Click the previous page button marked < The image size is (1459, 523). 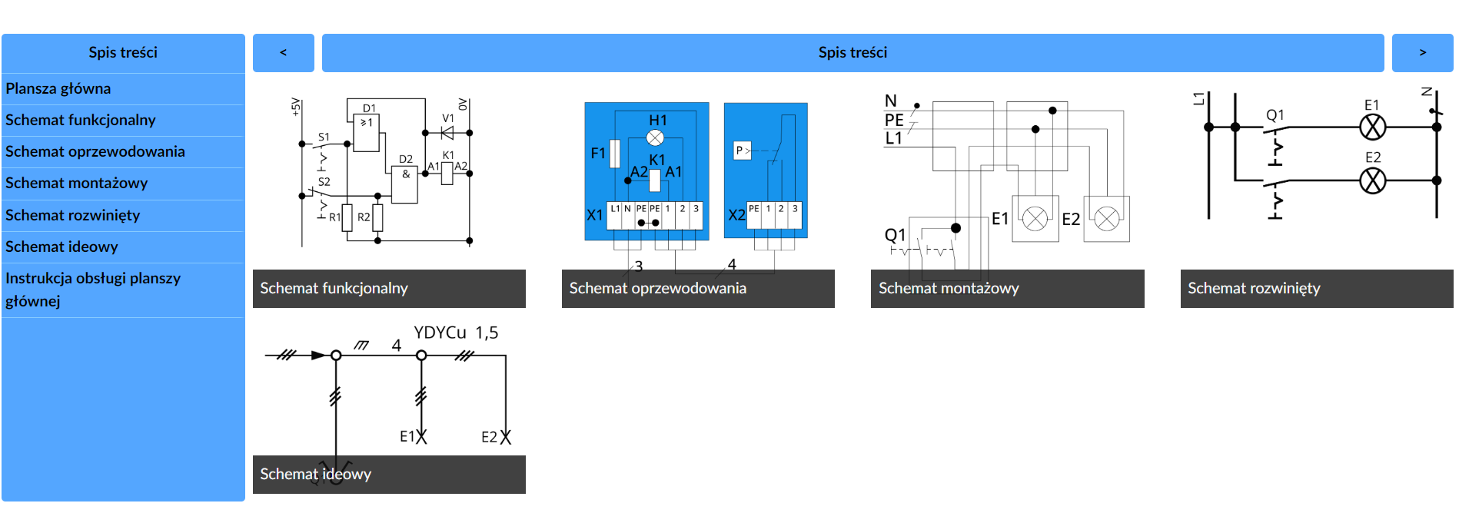(283, 53)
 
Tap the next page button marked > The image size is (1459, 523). (1422, 53)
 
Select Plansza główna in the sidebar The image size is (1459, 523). (58, 89)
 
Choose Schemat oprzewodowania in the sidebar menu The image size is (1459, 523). (95, 152)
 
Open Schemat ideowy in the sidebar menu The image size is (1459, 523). (61, 247)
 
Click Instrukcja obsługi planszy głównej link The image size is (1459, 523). (93, 290)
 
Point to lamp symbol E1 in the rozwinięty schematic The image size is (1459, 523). (1372, 127)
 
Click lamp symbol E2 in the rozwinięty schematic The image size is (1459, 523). (1372, 180)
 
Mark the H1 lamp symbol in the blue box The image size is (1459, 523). (655, 137)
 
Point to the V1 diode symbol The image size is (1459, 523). (447, 132)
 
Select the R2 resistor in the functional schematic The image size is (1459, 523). (377, 217)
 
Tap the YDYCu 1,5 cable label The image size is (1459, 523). (456, 333)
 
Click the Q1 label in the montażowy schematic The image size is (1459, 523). (895, 235)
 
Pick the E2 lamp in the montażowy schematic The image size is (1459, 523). (1107, 219)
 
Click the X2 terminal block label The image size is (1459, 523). (736, 215)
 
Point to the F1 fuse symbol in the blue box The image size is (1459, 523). (615, 154)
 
